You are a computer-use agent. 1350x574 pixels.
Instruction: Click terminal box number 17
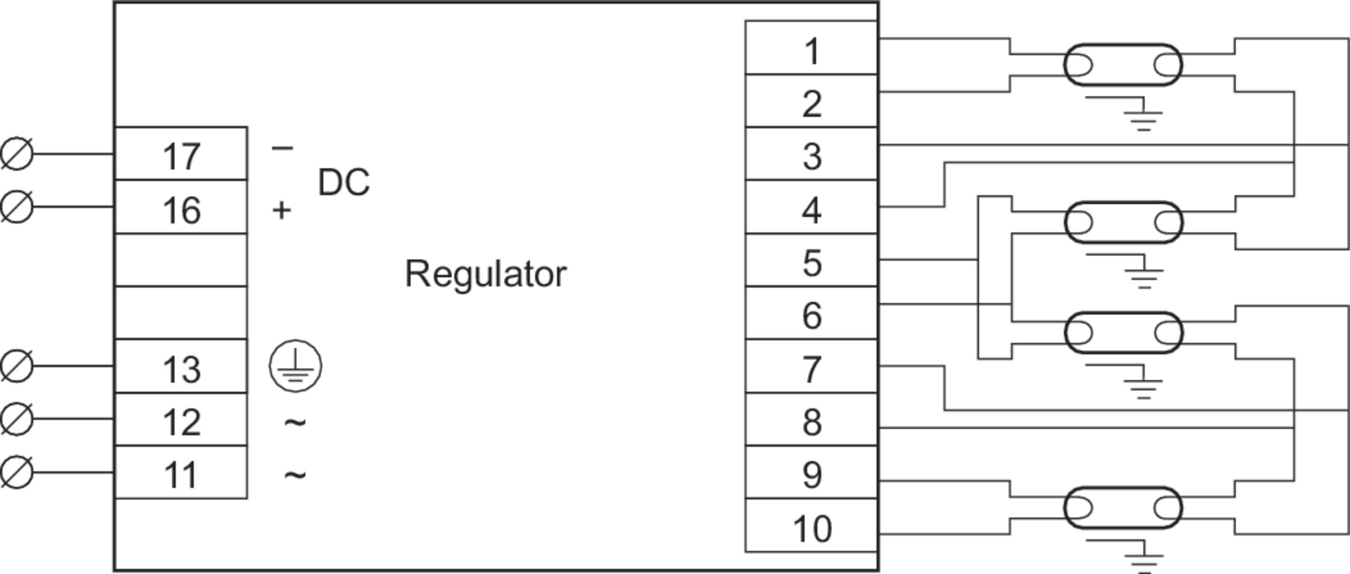pyautogui.click(x=181, y=154)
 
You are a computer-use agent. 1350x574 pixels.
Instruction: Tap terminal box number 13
pyautogui.click(x=181, y=367)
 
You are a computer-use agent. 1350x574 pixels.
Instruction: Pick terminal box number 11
pyautogui.click(x=181, y=473)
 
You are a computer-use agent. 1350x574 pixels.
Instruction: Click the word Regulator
pyautogui.click(x=485, y=274)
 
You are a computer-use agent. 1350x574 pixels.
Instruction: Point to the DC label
pyautogui.click(x=344, y=182)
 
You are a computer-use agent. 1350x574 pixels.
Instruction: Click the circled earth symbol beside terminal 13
pyautogui.click(x=296, y=366)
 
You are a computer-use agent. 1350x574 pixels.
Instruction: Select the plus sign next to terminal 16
pyautogui.click(x=282, y=210)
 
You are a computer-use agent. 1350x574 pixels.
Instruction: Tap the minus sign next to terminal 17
pyautogui.click(x=282, y=148)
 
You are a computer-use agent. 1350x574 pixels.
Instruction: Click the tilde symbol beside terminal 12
pyautogui.click(x=295, y=421)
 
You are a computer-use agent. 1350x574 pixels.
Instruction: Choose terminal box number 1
pyautogui.click(x=811, y=48)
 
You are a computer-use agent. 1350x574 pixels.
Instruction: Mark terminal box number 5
pyautogui.click(x=811, y=261)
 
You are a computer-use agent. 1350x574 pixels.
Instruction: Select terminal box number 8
pyautogui.click(x=811, y=420)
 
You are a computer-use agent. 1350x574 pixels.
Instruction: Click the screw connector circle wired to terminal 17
pyautogui.click(x=17, y=153)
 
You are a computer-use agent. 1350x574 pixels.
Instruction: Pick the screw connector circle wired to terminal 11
pyautogui.click(x=17, y=472)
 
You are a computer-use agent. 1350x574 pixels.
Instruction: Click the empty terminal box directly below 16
pyautogui.click(x=181, y=260)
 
